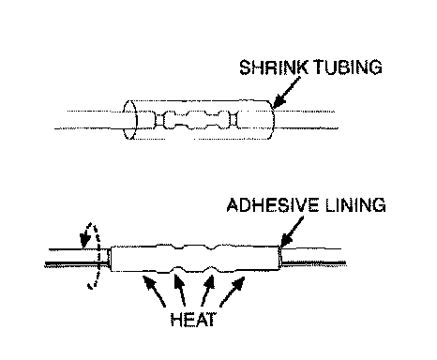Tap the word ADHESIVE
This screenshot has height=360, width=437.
pos(273,205)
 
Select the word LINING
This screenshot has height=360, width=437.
pos(355,205)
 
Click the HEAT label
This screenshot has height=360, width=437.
pos(193,320)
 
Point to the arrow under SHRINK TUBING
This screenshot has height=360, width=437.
pos(286,92)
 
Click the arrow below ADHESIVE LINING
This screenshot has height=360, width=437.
pos(292,232)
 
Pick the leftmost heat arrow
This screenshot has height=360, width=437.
pos(154,291)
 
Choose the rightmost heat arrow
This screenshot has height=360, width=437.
pos(233,292)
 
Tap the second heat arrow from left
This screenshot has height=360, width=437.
pos(179,290)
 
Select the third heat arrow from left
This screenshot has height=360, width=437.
pos(208,290)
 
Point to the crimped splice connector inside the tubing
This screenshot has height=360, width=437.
pos(196,120)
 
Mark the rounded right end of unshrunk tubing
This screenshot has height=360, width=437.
pos(272,120)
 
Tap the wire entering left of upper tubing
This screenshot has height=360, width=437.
pos(89,120)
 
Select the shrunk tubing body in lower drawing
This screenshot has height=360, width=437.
pos(195,258)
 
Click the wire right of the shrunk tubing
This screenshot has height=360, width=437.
pos(313,256)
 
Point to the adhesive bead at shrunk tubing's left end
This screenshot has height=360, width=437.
pos(109,258)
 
